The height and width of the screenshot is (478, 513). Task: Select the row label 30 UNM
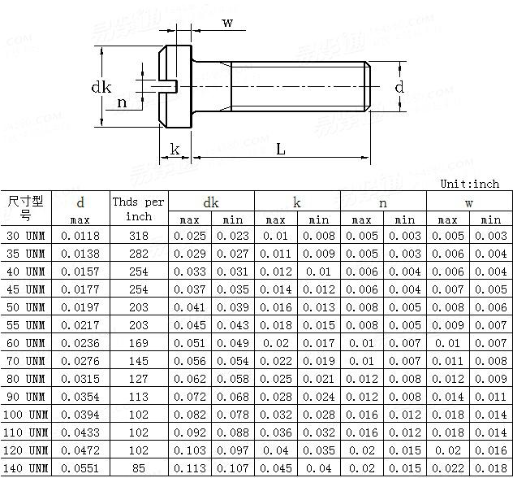pos(26,236)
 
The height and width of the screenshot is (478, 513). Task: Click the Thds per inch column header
pos(138,209)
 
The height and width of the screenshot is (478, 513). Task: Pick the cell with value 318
pos(139,236)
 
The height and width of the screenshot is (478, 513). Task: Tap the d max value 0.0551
pos(80,468)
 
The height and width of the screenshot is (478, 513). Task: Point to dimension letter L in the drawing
pos(281,149)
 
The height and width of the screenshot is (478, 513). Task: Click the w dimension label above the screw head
pos(227,23)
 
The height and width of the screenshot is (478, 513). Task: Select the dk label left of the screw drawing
pos(101,87)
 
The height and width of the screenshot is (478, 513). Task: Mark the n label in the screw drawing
pos(122,102)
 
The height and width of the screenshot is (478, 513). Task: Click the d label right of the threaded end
pos(399,87)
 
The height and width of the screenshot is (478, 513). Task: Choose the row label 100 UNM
pos(26,415)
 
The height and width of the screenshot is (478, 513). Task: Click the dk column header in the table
pos(211,202)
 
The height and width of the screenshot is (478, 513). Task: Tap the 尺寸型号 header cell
pos(26,208)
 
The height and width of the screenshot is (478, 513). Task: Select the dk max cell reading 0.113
pos(189,468)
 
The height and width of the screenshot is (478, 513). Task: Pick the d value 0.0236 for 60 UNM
pos(80,343)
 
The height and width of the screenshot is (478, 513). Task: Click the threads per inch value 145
pos(139,361)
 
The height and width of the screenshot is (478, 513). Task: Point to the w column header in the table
pos(469,202)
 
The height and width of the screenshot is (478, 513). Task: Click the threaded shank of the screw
pos(300,86)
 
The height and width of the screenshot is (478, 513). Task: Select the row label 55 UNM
pos(26,325)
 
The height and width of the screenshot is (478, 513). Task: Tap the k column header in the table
pos(297,202)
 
